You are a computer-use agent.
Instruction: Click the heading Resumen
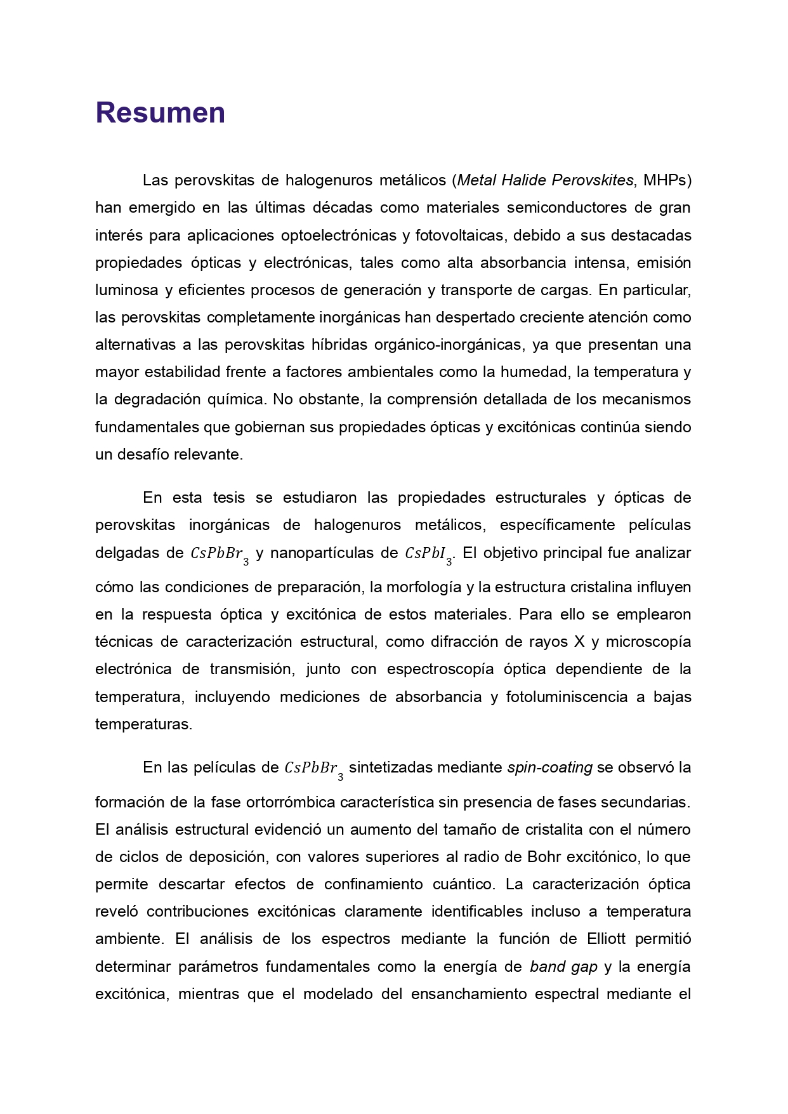(x=160, y=113)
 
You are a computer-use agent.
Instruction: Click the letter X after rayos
(x=579, y=642)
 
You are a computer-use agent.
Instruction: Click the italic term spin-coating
(x=549, y=767)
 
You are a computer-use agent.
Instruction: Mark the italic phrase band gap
(x=563, y=967)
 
